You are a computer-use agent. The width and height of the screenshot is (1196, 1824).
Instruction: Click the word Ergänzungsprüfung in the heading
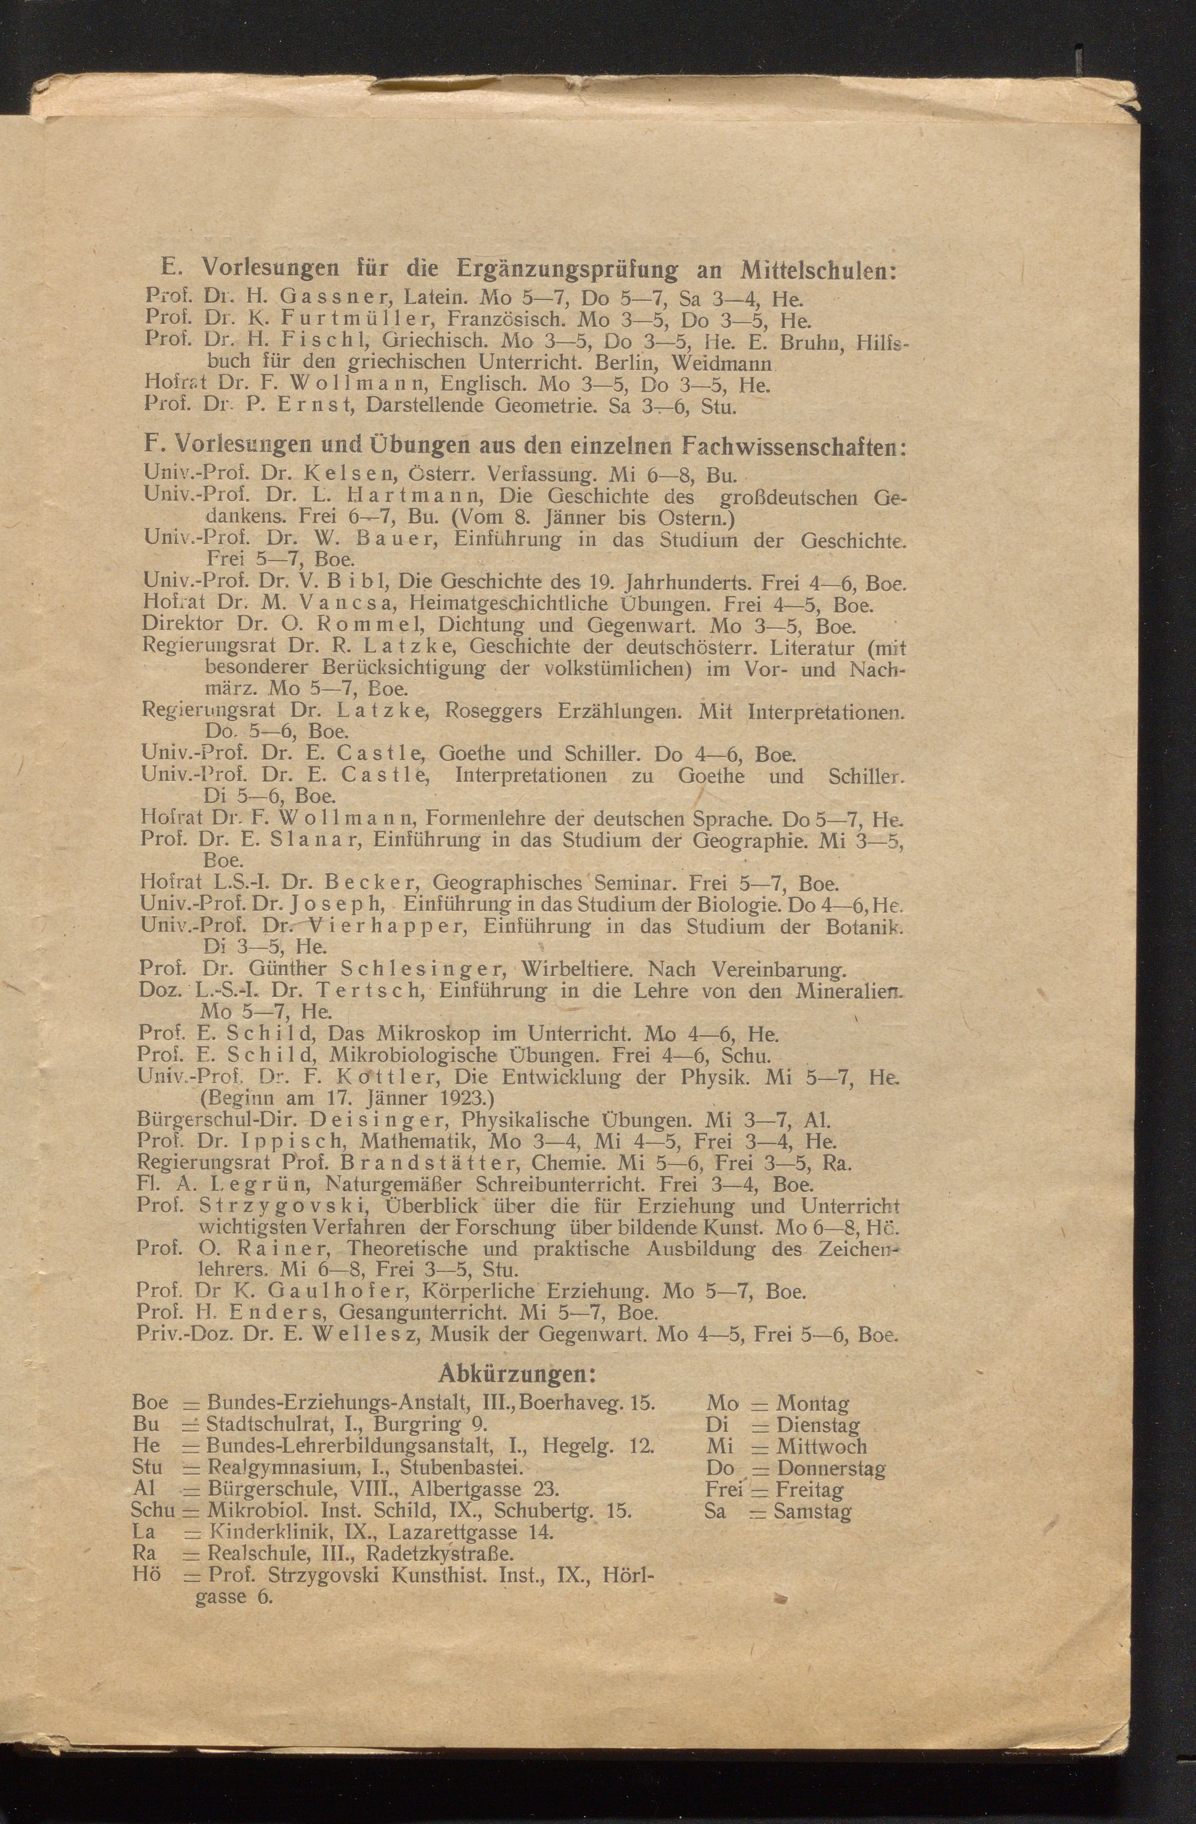tap(566, 270)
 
